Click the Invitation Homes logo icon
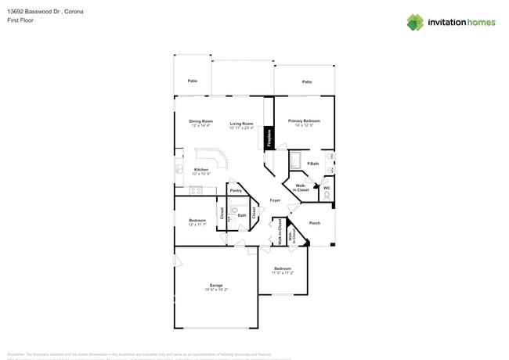[x=415, y=22]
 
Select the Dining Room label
[x=200, y=121]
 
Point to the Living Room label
[x=241, y=124]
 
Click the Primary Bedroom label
[x=304, y=121]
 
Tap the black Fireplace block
[x=270, y=139]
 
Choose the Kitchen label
[x=201, y=170]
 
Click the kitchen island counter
[x=217, y=160]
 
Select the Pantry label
[x=235, y=191]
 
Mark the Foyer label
[x=275, y=200]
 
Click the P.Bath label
[x=312, y=164]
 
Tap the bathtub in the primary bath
[x=298, y=162]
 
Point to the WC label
[x=327, y=188]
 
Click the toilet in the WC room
[x=327, y=195]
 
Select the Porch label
[x=315, y=223]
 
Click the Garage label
[x=215, y=285]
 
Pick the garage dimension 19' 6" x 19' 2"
[x=215, y=290]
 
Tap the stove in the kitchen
[x=196, y=189]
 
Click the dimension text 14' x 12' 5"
[x=304, y=125]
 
